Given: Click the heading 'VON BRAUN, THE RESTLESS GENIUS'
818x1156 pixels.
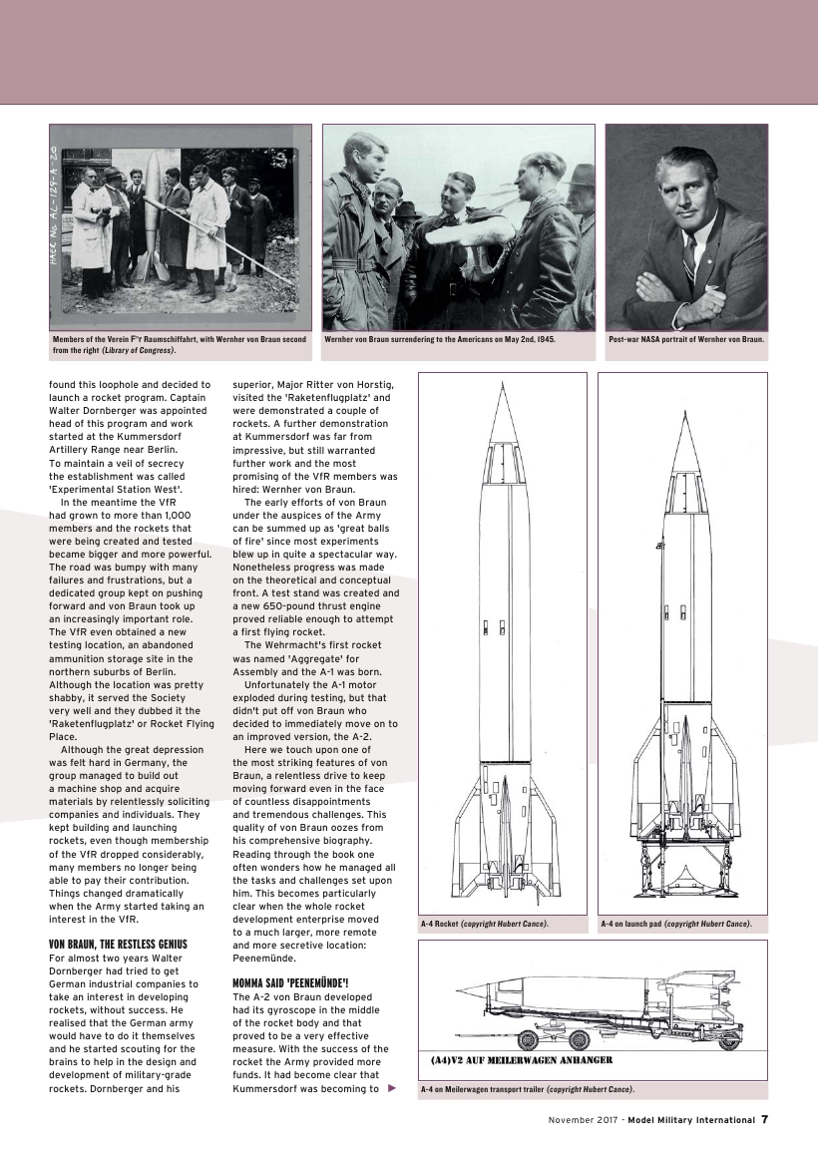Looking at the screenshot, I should click(x=118, y=943).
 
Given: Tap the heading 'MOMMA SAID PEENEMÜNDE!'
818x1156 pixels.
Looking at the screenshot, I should click(x=290, y=982).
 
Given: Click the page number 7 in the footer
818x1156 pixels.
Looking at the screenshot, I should click(x=764, y=1119).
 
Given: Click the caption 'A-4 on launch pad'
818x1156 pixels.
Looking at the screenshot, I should click(x=676, y=924).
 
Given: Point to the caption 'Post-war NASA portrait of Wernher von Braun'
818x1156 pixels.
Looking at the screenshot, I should click(x=686, y=339).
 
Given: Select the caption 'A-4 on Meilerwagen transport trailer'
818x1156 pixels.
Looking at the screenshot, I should click(x=526, y=1088).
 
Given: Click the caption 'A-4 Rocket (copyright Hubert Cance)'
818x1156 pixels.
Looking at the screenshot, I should click(x=485, y=924).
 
